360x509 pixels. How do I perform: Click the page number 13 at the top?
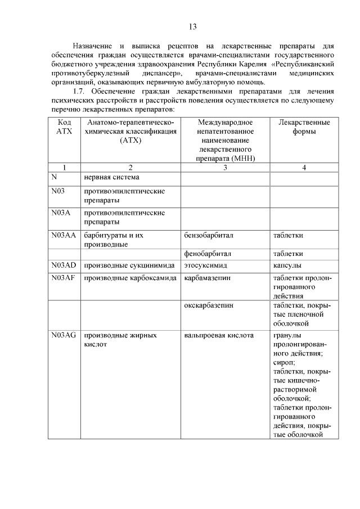(192, 26)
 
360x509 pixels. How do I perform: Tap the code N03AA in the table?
(63, 235)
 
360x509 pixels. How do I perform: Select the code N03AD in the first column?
(63, 265)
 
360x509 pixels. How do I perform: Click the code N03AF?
(63, 278)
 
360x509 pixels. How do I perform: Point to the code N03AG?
(63, 335)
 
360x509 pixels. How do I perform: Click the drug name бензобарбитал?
(208, 235)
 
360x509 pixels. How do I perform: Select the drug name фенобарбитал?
(207, 254)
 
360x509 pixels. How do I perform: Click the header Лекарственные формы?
(304, 127)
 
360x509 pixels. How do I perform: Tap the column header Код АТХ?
(64, 127)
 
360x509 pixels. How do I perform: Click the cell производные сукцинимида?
(129, 265)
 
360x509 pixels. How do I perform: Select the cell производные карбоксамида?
(130, 278)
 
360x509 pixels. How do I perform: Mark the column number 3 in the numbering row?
(224, 167)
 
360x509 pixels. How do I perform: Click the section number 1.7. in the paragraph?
(81, 91)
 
